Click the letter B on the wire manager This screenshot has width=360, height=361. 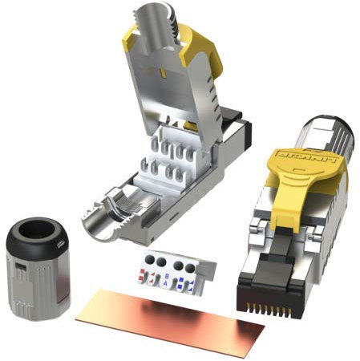(166, 274)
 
